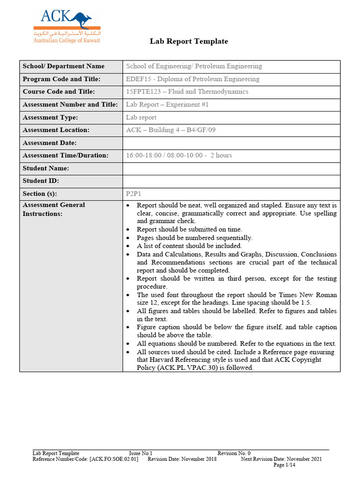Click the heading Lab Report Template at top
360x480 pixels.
[x=189, y=41]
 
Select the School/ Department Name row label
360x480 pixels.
[x=63, y=67]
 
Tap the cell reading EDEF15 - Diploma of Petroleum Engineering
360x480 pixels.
[x=193, y=79]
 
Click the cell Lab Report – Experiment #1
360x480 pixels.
[x=167, y=105]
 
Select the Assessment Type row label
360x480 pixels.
[x=50, y=117]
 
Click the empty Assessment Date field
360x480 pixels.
[x=231, y=143]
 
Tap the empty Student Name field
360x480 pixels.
[x=231, y=168]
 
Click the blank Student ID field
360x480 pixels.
[x=231, y=181]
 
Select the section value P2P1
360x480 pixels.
[x=134, y=194]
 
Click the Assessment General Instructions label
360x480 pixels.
[x=54, y=209]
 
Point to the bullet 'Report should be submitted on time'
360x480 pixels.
[x=189, y=229]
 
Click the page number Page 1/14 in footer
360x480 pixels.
[x=284, y=465]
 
